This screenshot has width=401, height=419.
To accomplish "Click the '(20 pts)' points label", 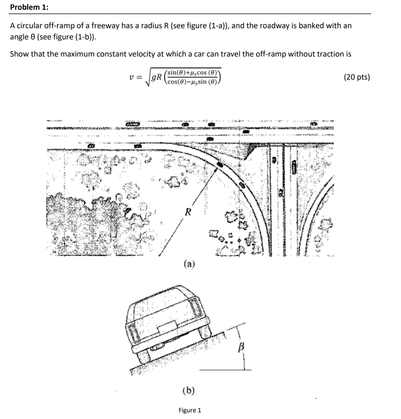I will pyautogui.click(x=357, y=77).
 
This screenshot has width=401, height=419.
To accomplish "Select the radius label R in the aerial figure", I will pyautogui.click(x=188, y=212).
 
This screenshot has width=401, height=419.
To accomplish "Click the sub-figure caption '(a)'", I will pyautogui.click(x=189, y=264).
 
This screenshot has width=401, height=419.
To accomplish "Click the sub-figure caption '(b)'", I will pyautogui.click(x=189, y=390).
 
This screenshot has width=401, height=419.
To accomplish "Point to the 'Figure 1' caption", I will pyautogui.click(x=190, y=410).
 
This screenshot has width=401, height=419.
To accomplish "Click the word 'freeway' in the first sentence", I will pyautogui.click(x=106, y=25).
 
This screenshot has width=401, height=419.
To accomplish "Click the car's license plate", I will pyautogui.click(x=167, y=328).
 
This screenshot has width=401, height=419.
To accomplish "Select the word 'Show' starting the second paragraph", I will pyautogui.click(x=19, y=54).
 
